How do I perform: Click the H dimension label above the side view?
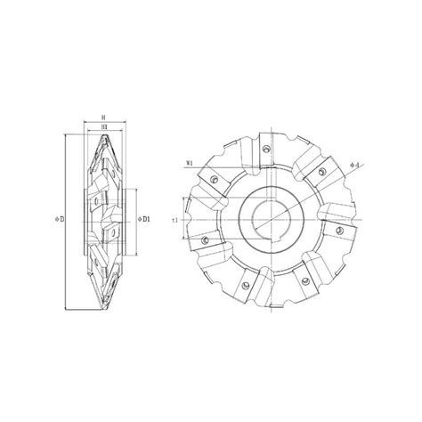(x=105, y=117)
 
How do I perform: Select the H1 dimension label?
(x=105, y=127)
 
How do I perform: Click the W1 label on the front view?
(x=190, y=163)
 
